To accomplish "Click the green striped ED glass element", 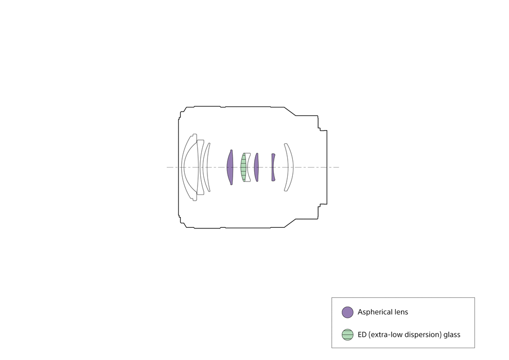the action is pos(243,167).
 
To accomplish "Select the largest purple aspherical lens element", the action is pos(230,167).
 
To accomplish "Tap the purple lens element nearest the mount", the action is pos(273,167).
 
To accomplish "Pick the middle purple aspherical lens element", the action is pos(256,167).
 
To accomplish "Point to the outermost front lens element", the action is pos(182,167).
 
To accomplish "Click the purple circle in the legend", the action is pos(347,312).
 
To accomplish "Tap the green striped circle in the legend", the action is pos(347,335).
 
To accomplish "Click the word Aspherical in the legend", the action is pos(374,312).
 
